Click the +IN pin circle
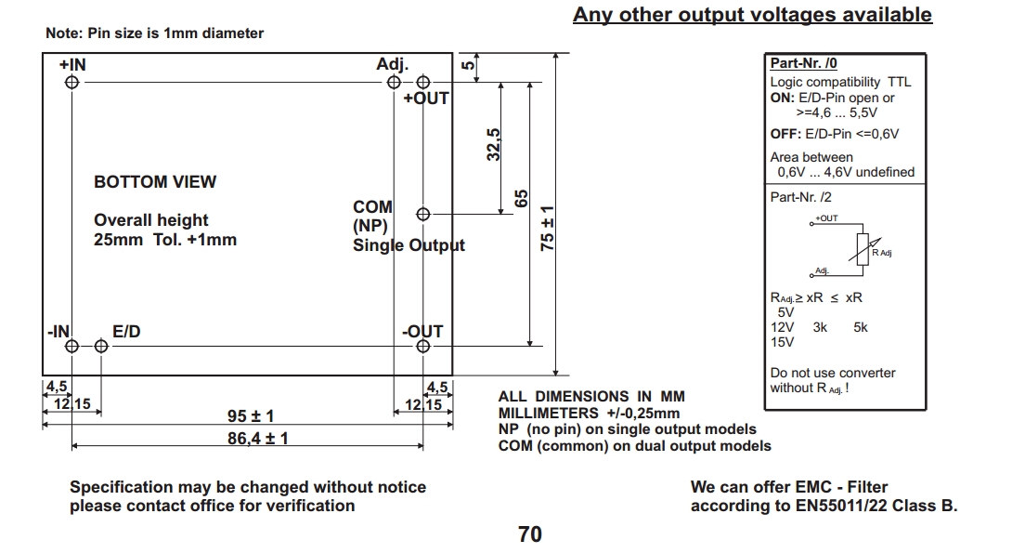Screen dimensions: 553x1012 71,82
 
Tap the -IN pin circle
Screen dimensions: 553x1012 71,347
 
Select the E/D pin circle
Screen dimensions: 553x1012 101,347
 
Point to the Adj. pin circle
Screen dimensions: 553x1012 395,82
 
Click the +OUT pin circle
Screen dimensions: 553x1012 423,82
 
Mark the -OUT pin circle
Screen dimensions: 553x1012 424,347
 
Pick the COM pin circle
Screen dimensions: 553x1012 423,214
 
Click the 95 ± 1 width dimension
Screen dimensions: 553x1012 251,416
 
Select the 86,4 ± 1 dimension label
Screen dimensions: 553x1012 258,437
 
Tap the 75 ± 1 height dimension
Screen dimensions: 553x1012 548,228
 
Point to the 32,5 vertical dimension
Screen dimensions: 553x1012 494,145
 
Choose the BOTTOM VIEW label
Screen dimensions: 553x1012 155,182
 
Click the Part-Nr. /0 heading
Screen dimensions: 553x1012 803,64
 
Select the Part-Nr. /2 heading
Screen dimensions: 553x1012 800,198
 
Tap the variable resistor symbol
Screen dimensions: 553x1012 863,248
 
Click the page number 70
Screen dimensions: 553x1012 530,534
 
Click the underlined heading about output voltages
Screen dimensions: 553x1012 752,15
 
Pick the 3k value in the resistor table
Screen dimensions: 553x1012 820,327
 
